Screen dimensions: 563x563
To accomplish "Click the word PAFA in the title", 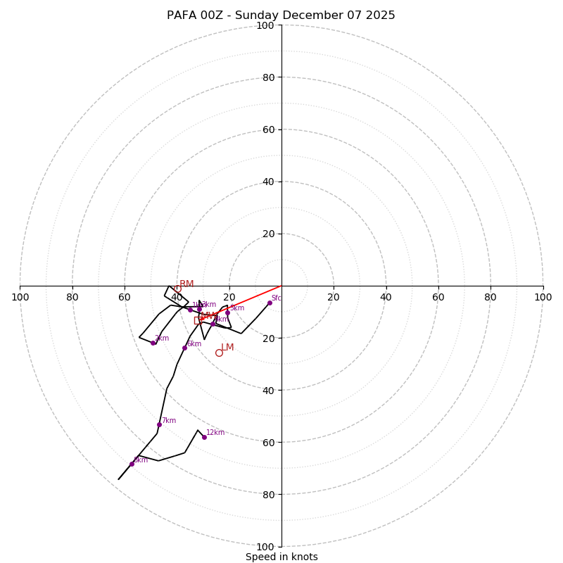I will click(182, 15).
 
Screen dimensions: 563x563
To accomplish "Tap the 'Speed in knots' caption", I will click(281, 557).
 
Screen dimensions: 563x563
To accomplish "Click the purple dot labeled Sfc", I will click(270, 303).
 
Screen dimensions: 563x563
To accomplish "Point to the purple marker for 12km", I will click(204, 437).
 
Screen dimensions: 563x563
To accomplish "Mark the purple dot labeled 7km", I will click(159, 424).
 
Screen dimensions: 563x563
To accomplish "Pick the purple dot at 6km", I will click(184, 348).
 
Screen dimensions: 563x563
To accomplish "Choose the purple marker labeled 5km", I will click(227, 312).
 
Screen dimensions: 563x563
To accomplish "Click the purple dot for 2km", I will click(153, 343).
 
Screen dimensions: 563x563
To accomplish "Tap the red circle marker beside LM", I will click(219, 353).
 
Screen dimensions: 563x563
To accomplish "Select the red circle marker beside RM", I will click(178, 289).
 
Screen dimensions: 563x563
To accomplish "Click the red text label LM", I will click(227, 347).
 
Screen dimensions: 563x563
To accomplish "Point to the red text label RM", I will click(186, 284).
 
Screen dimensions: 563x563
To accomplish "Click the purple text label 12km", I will click(215, 432).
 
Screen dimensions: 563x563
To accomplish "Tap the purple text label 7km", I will click(169, 420).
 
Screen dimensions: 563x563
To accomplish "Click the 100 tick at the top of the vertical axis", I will click(265, 25).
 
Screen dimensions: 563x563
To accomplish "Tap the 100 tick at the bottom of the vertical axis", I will click(265, 547).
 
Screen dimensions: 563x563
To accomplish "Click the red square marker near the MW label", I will click(198, 320).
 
